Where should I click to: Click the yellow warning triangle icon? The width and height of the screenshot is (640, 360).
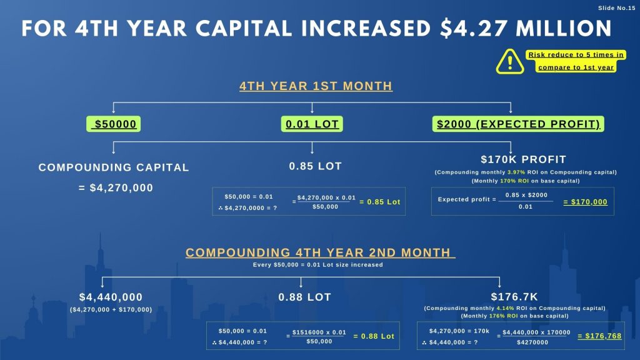pos(511,61)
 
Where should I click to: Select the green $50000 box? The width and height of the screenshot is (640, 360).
pos(113,124)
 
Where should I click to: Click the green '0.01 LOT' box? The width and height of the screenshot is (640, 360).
pos(312,124)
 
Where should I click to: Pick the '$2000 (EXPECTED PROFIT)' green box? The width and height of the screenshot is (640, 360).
pos(517,124)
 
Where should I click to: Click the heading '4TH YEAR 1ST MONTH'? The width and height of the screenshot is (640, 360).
pos(316,86)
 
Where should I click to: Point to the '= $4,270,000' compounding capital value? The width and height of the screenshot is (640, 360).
pos(116,187)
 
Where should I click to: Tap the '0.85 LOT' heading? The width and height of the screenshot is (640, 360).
pos(315,166)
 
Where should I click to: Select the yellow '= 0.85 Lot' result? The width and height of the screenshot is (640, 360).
pos(379,202)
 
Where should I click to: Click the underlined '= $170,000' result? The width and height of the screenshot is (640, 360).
pos(585,202)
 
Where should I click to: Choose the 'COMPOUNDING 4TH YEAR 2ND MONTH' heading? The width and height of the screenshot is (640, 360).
pos(318,252)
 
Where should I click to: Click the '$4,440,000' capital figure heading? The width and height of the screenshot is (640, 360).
pos(111,297)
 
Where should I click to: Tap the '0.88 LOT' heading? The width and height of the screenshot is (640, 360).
pos(304,297)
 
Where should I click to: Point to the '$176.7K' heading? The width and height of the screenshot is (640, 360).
pos(514,297)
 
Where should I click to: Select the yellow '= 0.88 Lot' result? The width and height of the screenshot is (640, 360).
pos(374,336)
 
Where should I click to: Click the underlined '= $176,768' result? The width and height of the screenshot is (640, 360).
pos(599,336)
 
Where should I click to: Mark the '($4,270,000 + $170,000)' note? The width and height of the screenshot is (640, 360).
pos(111,309)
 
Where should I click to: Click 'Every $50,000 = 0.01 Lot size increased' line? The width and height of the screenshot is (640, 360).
pos(318,265)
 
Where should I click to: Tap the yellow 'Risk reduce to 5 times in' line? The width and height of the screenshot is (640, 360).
pos(576,55)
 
